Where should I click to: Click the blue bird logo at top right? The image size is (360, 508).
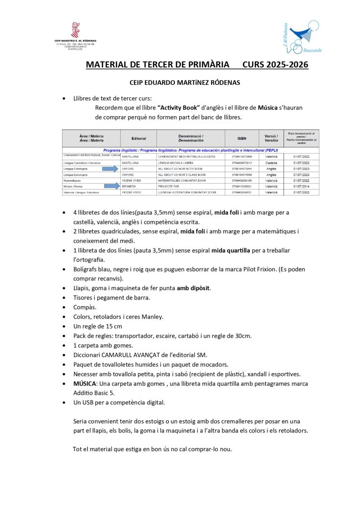299,36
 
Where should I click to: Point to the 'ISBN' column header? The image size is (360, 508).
241,137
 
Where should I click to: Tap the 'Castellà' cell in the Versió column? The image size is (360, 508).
271,162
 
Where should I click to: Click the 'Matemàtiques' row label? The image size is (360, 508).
74,181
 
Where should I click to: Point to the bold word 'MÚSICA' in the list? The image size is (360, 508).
84,383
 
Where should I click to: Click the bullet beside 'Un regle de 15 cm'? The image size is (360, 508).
63,326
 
